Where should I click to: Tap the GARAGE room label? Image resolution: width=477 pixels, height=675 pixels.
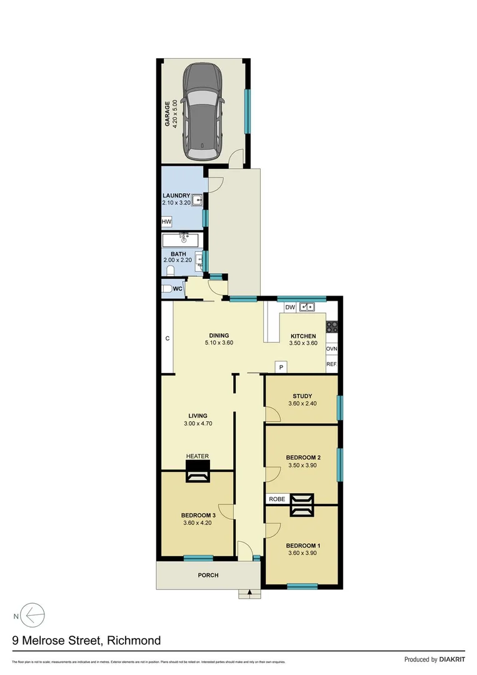point(168,111)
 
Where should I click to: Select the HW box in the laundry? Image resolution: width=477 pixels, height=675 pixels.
point(166,222)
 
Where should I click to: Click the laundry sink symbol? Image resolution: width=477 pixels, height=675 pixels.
point(196,201)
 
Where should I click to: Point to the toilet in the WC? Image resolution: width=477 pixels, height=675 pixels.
point(167,289)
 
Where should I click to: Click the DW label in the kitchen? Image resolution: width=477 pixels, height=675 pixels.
point(289,307)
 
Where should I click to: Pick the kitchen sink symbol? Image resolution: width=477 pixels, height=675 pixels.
point(306,307)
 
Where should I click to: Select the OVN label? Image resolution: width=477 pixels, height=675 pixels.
point(331,349)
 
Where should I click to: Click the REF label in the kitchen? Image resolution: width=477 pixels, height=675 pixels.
point(331,363)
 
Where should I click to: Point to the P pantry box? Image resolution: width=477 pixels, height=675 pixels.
point(281,367)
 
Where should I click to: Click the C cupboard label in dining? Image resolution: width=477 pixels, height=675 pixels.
point(168,338)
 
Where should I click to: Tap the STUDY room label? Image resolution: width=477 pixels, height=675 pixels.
point(302,396)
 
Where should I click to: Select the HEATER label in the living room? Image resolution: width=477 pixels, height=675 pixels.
point(198,456)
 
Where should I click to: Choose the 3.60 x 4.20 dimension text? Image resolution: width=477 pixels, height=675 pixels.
point(198,524)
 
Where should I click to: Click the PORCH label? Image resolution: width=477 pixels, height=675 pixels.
point(208,575)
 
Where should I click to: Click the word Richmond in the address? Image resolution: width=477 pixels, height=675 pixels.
point(134,640)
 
